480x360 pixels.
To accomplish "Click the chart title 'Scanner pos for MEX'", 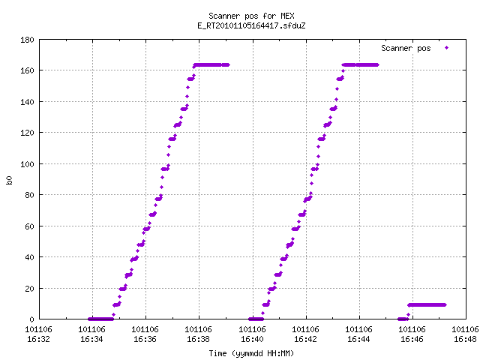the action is tap(251, 16).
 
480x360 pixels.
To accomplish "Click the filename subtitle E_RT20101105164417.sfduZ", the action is tap(251, 25).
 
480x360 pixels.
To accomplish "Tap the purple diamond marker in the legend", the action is tap(447, 48).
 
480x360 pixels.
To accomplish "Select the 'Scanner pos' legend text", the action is tap(406, 48).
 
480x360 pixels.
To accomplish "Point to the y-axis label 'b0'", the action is tap(9, 180).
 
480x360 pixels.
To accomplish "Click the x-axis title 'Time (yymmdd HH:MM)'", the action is tap(251, 353).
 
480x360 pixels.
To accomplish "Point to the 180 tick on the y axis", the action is tap(27, 40).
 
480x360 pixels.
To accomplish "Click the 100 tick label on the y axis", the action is tap(27, 164).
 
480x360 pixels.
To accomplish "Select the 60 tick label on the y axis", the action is tap(29, 226).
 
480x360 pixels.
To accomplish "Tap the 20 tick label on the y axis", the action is tap(29, 288).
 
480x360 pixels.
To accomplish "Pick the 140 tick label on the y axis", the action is tap(27, 102).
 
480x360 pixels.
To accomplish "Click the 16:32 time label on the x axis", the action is tap(38, 339).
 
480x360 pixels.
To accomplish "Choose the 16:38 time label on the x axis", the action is tap(198, 339).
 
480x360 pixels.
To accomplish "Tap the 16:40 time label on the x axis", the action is tap(252, 339).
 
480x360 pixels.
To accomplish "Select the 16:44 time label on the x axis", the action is tap(358, 339).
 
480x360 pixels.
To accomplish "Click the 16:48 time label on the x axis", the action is tap(465, 339).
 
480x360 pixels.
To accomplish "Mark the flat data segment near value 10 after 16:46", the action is tap(427, 305).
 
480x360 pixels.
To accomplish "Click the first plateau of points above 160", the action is tap(211, 65).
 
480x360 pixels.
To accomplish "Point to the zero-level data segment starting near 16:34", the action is tap(100, 319).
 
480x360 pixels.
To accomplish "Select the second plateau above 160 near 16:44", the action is tap(361, 65).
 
